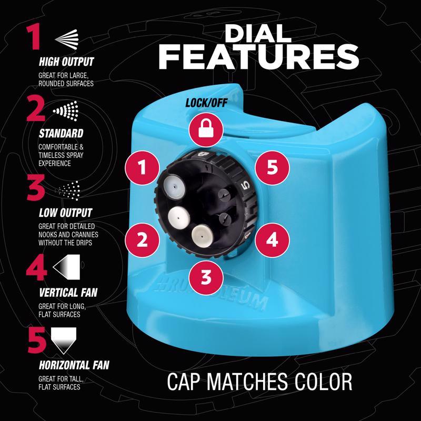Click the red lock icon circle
(x=206, y=130)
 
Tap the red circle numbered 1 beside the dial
(x=142, y=167)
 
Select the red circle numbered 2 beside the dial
(x=142, y=240)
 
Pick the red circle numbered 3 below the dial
(x=206, y=277)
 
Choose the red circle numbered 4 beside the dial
(x=272, y=240)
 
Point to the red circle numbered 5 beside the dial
(x=272, y=167)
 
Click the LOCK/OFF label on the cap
(x=206, y=103)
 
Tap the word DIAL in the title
(x=258, y=34)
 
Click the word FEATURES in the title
(x=258, y=57)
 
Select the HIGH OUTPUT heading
(x=66, y=62)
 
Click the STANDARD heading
(x=61, y=134)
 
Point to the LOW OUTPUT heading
(x=65, y=213)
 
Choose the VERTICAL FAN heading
(x=68, y=293)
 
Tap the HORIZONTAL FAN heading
(x=74, y=365)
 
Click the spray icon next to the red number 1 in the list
(x=67, y=38)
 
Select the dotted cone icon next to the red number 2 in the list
(x=66, y=111)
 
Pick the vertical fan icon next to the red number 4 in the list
(x=66, y=267)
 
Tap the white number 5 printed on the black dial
(x=246, y=185)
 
